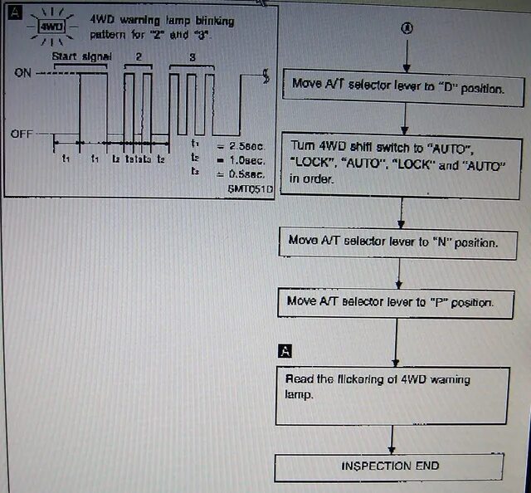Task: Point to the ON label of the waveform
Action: pos(24,72)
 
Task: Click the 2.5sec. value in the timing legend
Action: pos(246,146)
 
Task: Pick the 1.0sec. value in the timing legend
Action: pos(246,159)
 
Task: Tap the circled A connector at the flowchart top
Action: pos(406,28)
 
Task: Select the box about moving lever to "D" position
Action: pos(397,85)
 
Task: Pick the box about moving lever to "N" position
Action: pos(392,242)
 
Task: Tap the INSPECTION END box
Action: pos(390,466)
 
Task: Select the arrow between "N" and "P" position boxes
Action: pos(398,272)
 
